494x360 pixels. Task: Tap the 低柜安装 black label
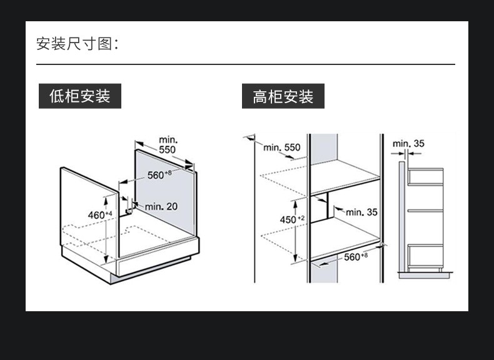coord(79,96)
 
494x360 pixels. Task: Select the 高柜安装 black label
coord(283,97)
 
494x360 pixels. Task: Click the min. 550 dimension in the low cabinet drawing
coord(168,145)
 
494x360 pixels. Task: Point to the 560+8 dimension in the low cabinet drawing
coord(159,175)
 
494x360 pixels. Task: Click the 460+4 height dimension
coord(99,215)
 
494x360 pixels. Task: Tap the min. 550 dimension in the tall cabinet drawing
coord(281,147)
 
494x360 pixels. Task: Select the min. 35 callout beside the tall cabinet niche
coord(362,212)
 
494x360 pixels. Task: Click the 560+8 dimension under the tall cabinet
coord(355,257)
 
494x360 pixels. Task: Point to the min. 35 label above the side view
coord(408,144)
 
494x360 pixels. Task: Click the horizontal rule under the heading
coord(245,64)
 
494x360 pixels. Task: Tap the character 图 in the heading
coord(104,44)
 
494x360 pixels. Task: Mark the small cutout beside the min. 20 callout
coord(129,207)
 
